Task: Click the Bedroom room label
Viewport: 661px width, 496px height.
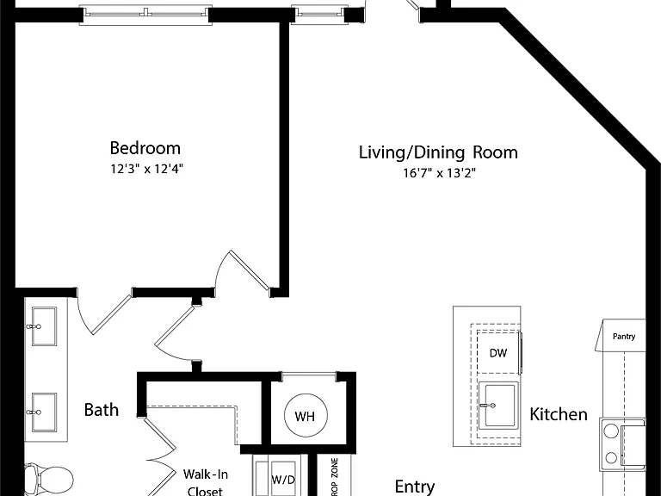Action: (x=145, y=148)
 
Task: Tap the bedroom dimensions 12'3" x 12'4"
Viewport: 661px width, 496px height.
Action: (x=146, y=169)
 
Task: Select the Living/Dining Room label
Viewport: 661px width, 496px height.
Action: (x=438, y=152)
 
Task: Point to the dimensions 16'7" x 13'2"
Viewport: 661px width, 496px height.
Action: (x=440, y=173)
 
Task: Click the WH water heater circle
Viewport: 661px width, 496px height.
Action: (x=306, y=416)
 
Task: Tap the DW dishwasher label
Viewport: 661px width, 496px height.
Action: (x=498, y=353)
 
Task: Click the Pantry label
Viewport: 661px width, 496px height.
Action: (x=624, y=336)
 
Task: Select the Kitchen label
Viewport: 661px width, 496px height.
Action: (x=558, y=414)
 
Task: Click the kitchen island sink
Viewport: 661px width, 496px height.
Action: (x=497, y=406)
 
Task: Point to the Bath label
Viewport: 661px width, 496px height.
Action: (x=102, y=410)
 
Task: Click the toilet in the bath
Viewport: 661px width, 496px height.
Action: (x=47, y=480)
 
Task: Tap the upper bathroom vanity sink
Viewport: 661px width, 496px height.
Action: (x=44, y=326)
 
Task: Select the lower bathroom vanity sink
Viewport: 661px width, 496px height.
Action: (x=44, y=412)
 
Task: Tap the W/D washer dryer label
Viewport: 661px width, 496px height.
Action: (x=283, y=480)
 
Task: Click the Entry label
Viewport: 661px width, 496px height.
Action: (x=415, y=487)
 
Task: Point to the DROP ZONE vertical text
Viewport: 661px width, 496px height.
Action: (x=335, y=477)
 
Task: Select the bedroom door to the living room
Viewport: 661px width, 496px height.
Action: (x=243, y=270)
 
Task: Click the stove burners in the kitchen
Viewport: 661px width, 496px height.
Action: (x=611, y=444)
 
